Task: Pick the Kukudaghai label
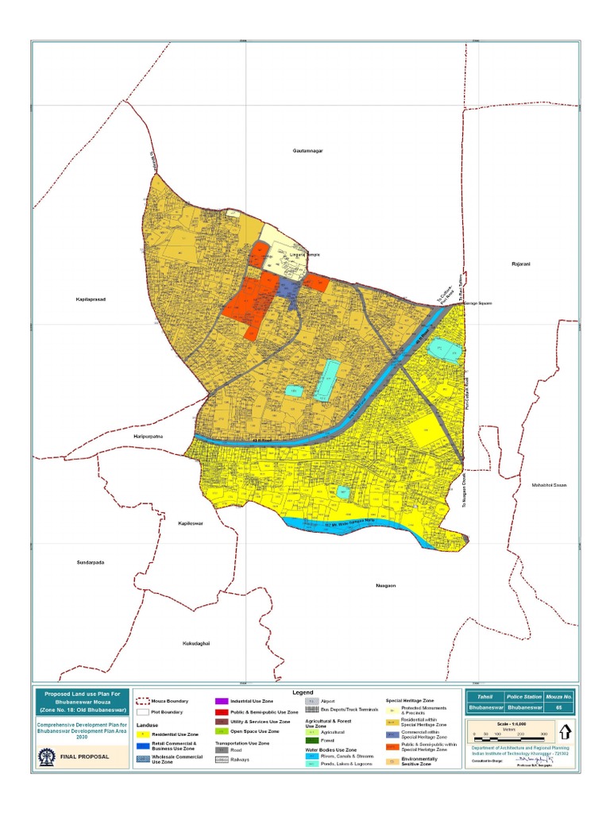[195, 643]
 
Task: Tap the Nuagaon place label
[385, 586]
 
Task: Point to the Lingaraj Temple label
[288, 254]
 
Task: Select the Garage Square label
[478, 302]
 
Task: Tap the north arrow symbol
[565, 731]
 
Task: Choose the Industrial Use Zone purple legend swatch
[221, 702]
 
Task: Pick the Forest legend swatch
[312, 740]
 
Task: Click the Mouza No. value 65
[558, 706]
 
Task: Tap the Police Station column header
[523, 695]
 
